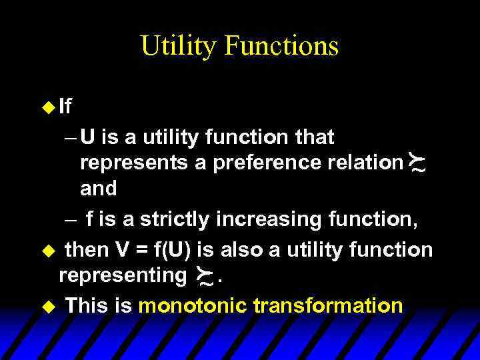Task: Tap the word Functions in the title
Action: [282, 47]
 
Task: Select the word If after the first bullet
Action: [65, 107]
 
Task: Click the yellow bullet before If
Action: [48, 107]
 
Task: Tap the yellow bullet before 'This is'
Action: [47, 307]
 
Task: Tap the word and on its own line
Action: [98, 189]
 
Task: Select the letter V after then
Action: [123, 250]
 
